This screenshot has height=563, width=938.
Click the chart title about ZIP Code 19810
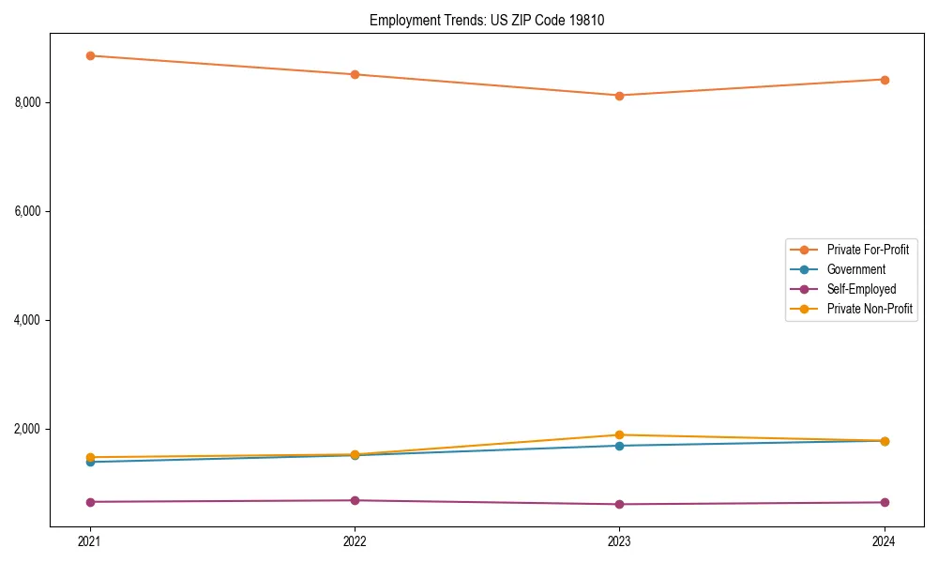[x=486, y=20]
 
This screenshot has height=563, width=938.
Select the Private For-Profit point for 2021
[x=90, y=55]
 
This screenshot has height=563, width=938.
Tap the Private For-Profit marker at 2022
[x=355, y=74]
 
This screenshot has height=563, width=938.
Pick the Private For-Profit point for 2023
[x=619, y=96]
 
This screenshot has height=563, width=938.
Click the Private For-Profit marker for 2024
[x=885, y=80]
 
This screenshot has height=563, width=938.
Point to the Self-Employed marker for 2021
[x=90, y=502]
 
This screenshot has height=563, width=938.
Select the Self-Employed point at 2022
[x=355, y=500]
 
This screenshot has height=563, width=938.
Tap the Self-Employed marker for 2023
[x=619, y=504]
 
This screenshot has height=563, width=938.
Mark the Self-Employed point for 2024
[x=885, y=502]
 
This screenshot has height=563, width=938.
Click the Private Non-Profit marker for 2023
[x=619, y=434]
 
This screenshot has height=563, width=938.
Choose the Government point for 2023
[x=619, y=446]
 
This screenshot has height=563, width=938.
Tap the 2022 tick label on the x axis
[x=355, y=540]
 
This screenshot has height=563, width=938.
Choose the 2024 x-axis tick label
[x=885, y=540]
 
